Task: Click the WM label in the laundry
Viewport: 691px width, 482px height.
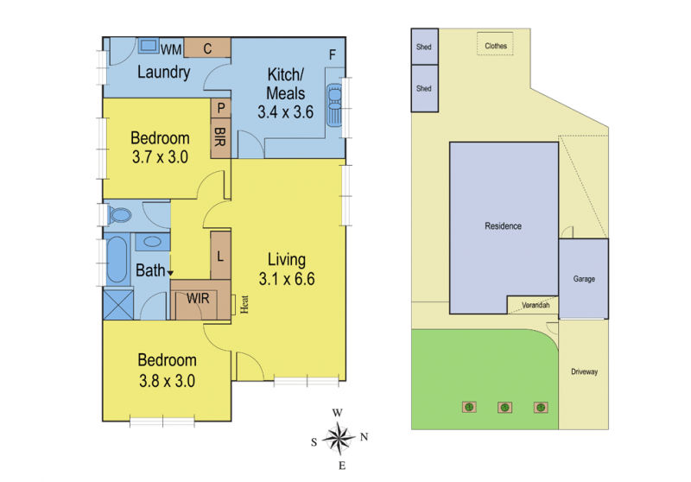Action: (171, 50)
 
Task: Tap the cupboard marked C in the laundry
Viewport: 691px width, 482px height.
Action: (207, 48)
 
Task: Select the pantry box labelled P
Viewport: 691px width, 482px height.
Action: (221, 107)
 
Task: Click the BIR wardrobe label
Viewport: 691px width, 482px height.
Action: (220, 137)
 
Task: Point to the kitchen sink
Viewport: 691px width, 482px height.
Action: (335, 105)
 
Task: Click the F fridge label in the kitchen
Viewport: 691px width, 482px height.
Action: (333, 54)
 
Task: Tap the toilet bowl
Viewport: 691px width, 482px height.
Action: (119, 215)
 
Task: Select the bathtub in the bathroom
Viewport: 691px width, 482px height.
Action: (117, 260)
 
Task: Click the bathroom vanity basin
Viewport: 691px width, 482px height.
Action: (152, 242)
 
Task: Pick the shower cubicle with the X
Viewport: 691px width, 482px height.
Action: (118, 303)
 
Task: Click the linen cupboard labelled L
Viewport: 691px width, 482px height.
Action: (220, 256)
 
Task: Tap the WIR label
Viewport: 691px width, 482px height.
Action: (198, 299)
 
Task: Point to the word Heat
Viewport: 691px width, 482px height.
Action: (244, 304)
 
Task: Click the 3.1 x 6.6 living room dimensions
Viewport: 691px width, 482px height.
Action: (287, 279)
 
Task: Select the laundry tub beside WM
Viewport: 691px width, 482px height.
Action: (149, 46)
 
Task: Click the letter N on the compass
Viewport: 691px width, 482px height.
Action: (364, 436)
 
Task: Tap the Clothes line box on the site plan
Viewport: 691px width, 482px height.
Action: (495, 43)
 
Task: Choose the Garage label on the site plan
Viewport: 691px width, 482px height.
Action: (584, 279)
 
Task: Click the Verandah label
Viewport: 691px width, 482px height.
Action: (536, 305)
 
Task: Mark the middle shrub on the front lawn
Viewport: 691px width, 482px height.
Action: (505, 408)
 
